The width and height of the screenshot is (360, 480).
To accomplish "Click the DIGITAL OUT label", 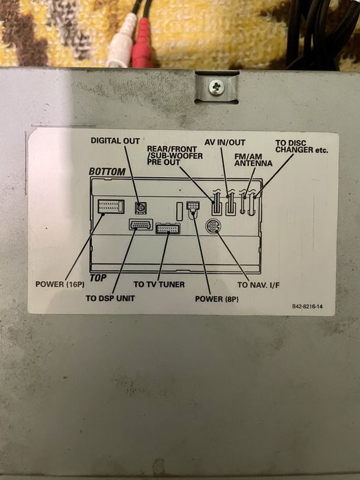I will click(115, 141).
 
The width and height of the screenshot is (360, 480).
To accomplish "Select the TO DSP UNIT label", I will click(110, 298).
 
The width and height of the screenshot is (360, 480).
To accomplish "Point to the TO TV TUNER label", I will click(158, 284).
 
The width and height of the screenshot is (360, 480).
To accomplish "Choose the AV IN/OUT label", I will click(225, 142).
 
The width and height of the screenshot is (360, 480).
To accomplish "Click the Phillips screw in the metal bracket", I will click(217, 87).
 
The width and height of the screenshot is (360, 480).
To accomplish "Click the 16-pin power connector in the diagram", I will click(111, 206).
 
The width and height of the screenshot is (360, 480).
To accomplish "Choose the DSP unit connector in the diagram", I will click(141, 224).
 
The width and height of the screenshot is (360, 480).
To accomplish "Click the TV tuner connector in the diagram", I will click(168, 228).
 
